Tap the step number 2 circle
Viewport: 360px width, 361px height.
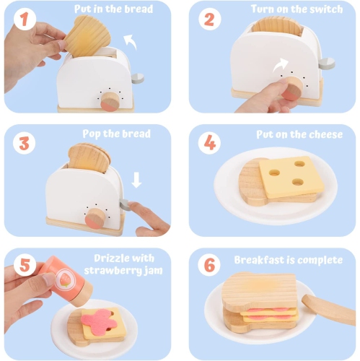coord(208,19)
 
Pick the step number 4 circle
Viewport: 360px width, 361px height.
coord(208,143)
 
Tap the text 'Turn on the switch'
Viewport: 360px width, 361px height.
coord(296,9)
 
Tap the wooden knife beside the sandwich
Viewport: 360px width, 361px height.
coord(328,308)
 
